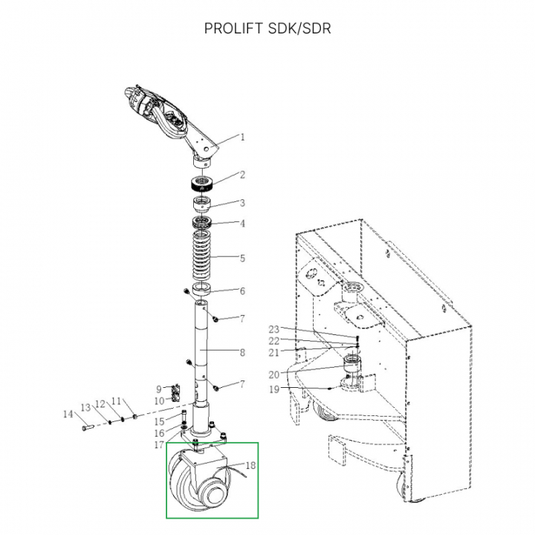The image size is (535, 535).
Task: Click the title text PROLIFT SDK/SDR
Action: click(x=267, y=29)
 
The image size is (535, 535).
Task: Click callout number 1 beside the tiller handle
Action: click(x=241, y=137)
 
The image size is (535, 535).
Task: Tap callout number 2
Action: click(x=241, y=175)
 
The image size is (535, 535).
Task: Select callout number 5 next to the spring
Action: click(x=241, y=259)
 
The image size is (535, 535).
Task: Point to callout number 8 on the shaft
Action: click(x=241, y=351)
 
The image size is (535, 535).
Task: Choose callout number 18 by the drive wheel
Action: click(x=250, y=466)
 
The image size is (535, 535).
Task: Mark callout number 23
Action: click(x=273, y=329)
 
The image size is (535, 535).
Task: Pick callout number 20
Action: click(x=273, y=374)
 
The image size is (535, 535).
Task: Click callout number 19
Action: click(x=273, y=389)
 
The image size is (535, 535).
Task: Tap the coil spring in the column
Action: click(x=201, y=257)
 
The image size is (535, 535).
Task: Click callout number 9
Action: click(x=158, y=389)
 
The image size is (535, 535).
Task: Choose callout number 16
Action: click(x=159, y=433)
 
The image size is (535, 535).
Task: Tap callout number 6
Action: click(x=241, y=291)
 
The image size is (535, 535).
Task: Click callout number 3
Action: click(x=241, y=203)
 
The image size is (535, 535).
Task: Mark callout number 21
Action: click(x=273, y=352)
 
